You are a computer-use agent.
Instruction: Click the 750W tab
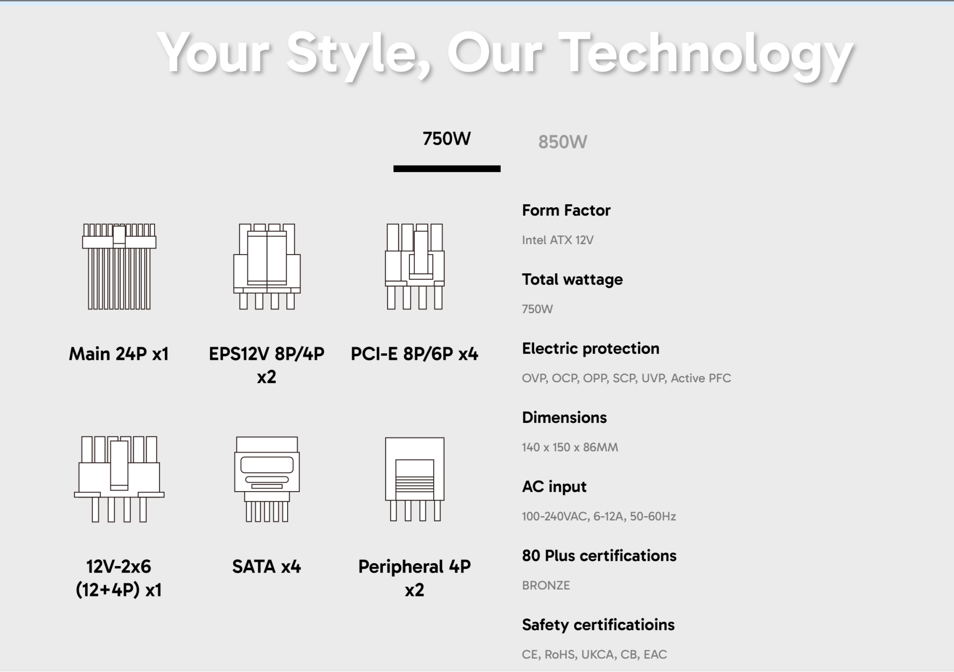[447, 139]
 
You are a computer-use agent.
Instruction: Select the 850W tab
[562, 142]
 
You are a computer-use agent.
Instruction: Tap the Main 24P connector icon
[119, 266]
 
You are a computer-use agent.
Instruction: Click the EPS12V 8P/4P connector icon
[267, 266]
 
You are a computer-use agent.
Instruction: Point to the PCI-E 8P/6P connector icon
[414, 266]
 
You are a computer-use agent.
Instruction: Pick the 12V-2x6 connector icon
[119, 479]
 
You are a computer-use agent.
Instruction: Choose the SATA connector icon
[267, 479]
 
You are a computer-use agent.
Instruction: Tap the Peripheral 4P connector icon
[414, 479]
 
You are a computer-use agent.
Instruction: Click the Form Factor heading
[566, 210]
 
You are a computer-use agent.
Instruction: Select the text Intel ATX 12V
[557, 240]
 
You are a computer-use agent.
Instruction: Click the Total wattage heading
[572, 279]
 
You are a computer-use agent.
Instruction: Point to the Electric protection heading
[590, 348]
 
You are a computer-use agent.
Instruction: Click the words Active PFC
[701, 378]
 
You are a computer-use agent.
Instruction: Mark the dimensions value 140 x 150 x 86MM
[570, 447]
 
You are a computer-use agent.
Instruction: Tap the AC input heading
[554, 487]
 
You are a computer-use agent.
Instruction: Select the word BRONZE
[546, 586]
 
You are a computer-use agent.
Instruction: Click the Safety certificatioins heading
[598, 625]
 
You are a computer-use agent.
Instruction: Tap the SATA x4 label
[266, 567]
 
